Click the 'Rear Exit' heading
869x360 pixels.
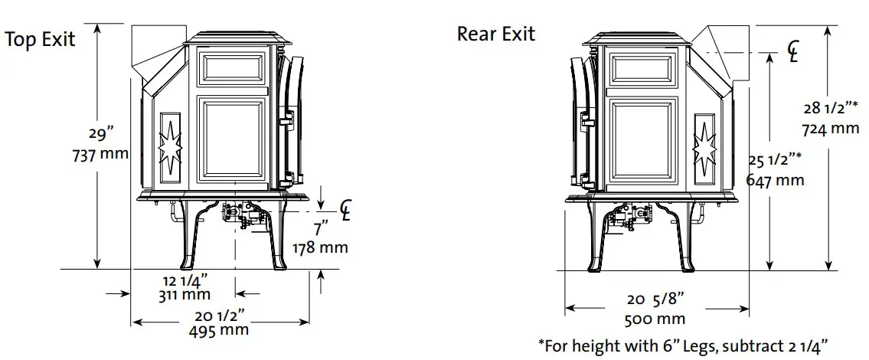[x=496, y=34]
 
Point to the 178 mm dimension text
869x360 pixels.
[x=321, y=247]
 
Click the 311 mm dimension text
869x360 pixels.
[x=185, y=293]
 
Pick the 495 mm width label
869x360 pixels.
[x=219, y=330]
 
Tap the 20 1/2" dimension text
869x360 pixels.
[x=219, y=314]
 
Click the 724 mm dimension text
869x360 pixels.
[x=831, y=128]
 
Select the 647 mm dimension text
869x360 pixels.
[x=775, y=180]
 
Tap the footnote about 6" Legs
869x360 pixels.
[x=683, y=345]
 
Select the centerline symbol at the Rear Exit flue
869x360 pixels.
[x=793, y=51]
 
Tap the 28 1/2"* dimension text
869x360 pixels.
[x=830, y=110]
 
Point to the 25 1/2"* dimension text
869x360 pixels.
[x=775, y=161]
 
